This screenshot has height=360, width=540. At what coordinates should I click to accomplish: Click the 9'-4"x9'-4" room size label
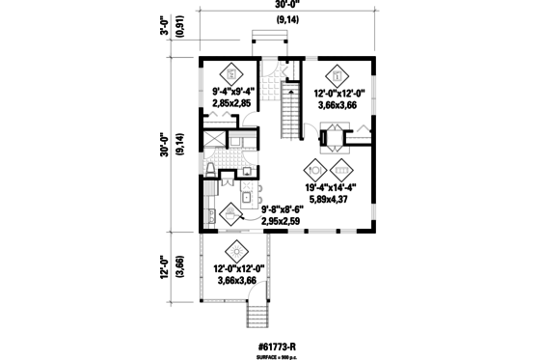click(231, 94)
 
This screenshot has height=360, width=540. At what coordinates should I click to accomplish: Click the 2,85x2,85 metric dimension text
click(231, 104)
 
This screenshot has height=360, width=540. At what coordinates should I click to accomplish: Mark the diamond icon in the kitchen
click(230, 214)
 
